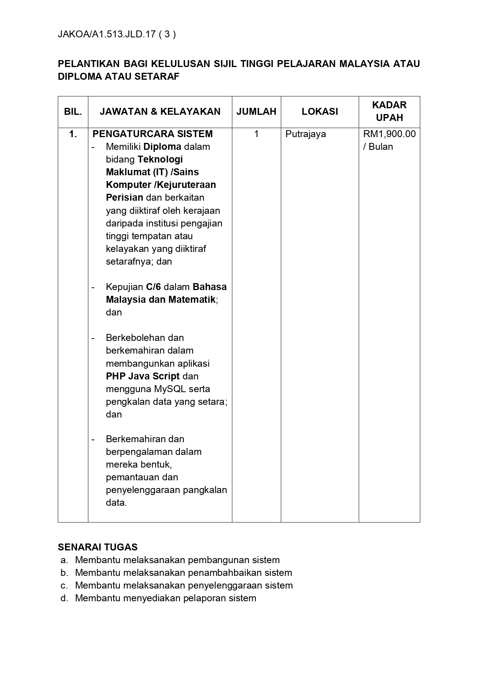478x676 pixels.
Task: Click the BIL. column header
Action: tap(73, 112)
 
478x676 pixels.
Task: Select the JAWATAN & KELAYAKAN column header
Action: tap(160, 112)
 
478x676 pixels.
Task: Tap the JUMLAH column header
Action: tap(256, 112)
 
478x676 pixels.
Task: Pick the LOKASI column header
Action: tap(320, 112)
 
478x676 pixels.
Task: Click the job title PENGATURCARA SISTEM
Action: tap(153, 134)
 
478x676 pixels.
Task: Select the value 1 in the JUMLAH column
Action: tap(256, 134)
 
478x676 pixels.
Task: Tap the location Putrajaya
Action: tap(305, 134)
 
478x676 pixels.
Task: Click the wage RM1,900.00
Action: tap(389, 134)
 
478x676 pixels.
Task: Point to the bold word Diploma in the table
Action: tap(162, 147)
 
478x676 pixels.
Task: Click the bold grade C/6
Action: tap(153, 287)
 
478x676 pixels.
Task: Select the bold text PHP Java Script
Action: tap(143, 376)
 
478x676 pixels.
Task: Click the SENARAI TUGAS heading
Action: tap(97, 547)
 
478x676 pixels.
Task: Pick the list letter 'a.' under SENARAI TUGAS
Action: tap(64, 560)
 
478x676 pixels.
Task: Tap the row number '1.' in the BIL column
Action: tap(73, 134)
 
